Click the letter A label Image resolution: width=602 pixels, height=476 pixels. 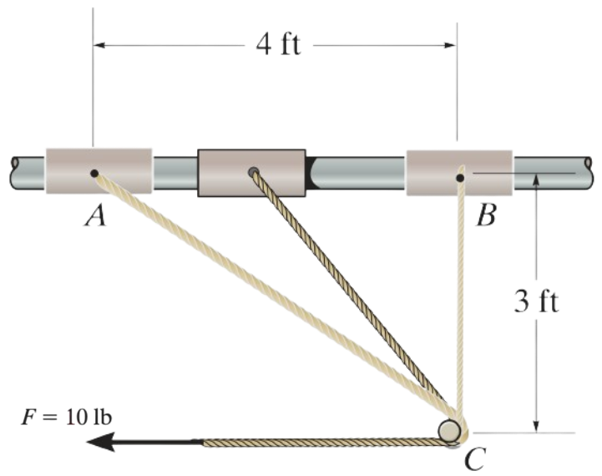coord(95,215)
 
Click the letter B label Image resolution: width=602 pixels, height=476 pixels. coord(486,215)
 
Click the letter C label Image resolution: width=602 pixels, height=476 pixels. coord(475,459)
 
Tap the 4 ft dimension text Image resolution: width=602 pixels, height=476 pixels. coord(279,45)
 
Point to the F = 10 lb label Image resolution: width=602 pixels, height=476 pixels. coord(67,418)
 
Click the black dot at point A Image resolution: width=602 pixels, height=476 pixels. coord(94,174)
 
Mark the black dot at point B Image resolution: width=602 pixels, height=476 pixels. coord(460,178)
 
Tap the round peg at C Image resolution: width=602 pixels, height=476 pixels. coord(449,431)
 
